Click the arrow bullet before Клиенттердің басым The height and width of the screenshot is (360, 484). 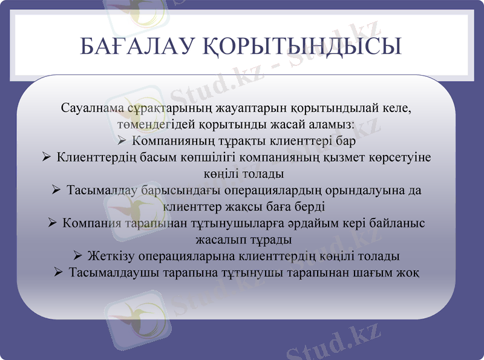coord(47,159)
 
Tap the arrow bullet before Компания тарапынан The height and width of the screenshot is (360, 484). coord(52,223)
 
